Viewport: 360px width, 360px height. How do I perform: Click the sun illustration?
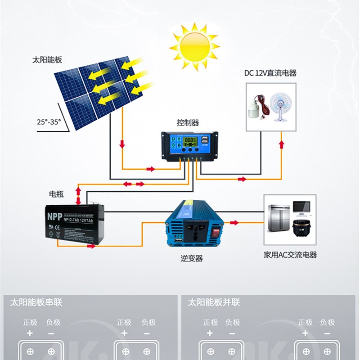click(x=194, y=46)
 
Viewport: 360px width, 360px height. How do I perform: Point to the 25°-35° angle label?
click(x=48, y=121)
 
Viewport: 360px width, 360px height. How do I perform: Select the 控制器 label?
click(x=188, y=123)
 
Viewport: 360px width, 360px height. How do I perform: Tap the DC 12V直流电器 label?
click(x=270, y=73)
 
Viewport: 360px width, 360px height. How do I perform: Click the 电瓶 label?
click(x=57, y=194)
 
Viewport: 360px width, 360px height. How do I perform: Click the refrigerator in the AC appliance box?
click(x=279, y=219)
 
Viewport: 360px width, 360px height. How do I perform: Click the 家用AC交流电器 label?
click(x=290, y=255)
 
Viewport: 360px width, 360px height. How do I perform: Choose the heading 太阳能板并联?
click(x=214, y=302)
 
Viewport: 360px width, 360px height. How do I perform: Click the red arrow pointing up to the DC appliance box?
click(x=282, y=144)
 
